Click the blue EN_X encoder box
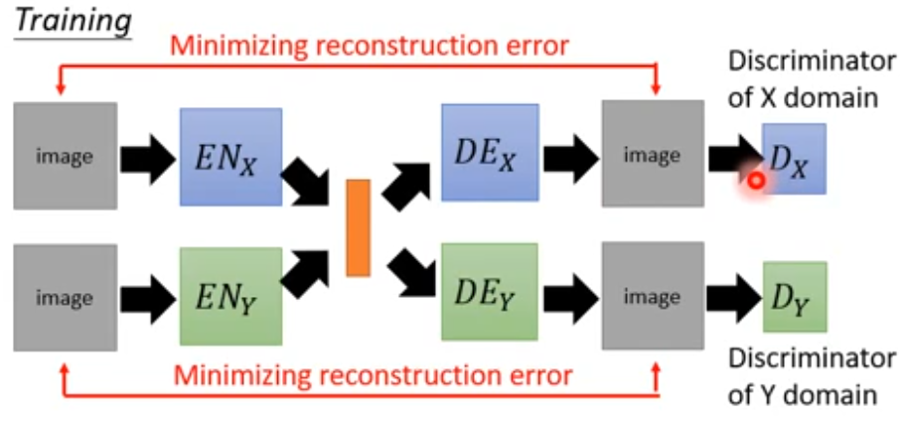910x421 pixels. [231, 155]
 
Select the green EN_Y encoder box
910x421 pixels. [231, 297]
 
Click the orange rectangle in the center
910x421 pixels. [358, 227]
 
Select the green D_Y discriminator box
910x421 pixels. [795, 296]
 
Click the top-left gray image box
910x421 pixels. [65, 156]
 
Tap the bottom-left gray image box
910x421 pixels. [65, 298]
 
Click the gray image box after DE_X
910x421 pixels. [652, 155]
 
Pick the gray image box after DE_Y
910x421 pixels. [652, 296]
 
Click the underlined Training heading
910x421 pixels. [71, 19]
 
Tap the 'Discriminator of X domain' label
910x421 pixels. [811, 79]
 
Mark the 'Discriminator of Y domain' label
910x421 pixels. [811, 375]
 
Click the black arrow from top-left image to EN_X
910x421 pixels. [147, 157]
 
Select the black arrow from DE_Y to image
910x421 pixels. [570, 296]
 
